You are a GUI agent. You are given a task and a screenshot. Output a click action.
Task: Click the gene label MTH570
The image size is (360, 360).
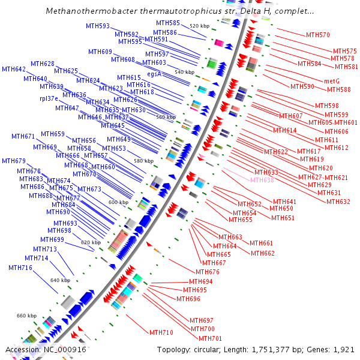coord(318,35)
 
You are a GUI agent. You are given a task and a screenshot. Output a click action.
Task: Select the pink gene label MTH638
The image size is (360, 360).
coord(262,180)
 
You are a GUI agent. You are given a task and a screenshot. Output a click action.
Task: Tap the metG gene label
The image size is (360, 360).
coord(332,81)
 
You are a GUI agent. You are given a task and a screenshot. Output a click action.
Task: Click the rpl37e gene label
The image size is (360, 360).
coord(49,98)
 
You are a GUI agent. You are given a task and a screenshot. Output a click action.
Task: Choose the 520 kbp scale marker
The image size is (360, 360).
coord(200,26)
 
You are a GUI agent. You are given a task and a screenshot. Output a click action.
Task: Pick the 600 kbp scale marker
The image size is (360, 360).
coord(119,202)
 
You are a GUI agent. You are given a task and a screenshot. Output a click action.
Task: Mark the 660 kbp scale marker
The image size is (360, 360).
coord(26,316)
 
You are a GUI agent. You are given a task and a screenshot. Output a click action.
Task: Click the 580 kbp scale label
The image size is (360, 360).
coord(143,161)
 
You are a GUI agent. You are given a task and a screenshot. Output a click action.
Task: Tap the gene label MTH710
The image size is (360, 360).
coord(161,332)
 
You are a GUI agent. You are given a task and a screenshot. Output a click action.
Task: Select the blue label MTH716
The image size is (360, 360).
coord(21,268)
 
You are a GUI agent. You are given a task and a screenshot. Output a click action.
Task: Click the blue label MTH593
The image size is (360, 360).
coord(98,26)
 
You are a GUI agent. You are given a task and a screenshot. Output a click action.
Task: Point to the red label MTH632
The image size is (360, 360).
coord(338,202)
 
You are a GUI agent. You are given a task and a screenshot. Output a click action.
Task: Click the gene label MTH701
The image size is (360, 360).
coord(203,338)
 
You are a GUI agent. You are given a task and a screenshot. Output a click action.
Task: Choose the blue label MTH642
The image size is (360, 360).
coord(14,70)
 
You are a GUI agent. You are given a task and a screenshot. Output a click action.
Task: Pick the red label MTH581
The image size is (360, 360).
coord(346,67)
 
